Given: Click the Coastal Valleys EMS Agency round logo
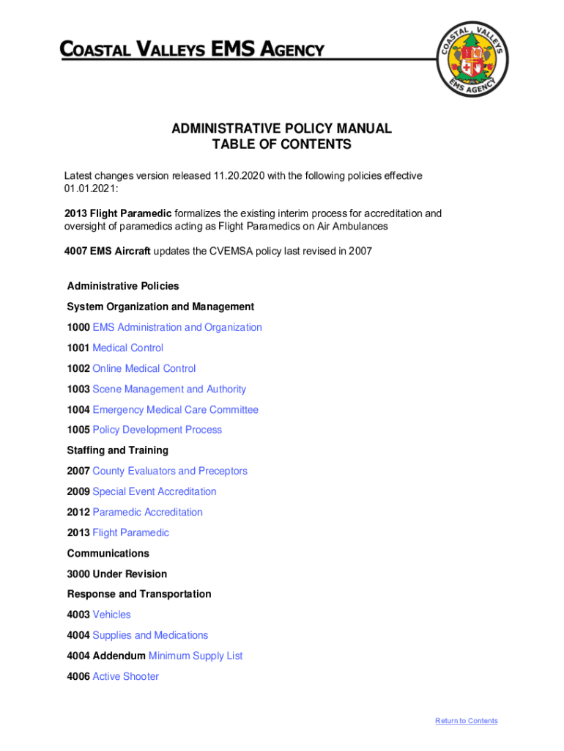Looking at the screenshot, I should pyautogui.click(x=473, y=59).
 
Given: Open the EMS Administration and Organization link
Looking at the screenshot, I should pyautogui.click(x=177, y=327).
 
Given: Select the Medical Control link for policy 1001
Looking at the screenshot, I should pyautogui.click(x=127, y=348).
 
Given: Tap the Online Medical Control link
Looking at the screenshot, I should pyautogui.click(x=144, y=368).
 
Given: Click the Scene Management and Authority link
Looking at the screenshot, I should pyautogui.click(x=169, y=389).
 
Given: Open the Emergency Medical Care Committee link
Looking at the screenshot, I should pyautogui.click(x=175, y=409).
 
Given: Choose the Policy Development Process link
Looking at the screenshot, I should pyautogui.click(x=157, y=430).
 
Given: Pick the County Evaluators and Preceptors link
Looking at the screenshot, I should pyautogui.click(x=170, y=471).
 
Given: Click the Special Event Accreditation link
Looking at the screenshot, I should pyautogui.click(x=154, y=491).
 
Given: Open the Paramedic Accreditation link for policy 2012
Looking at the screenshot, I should pyautogui.click(x=147, y=512).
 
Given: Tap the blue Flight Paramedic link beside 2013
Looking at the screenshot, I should pyautogui.click(x=130, y=532).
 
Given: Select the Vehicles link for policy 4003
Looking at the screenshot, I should pyautogui.click(x=111, y=615).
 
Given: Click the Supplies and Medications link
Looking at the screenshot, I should pyautogui.click(x=150, y=635).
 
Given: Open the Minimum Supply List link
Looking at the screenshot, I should pyautogui.click(x=196, y=656).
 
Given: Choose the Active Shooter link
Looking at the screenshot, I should pyautogui.click(x=125, y=676).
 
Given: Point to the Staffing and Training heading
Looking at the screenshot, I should pyautogui.click(x=117, y=450).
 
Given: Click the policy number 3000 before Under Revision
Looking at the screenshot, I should pyautogui.click(x=78, y=574).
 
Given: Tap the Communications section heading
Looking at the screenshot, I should pyautogui.click(x=108, y=553).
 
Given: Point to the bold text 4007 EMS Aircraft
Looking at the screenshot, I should pyautogui.click(x=107, y=251).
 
